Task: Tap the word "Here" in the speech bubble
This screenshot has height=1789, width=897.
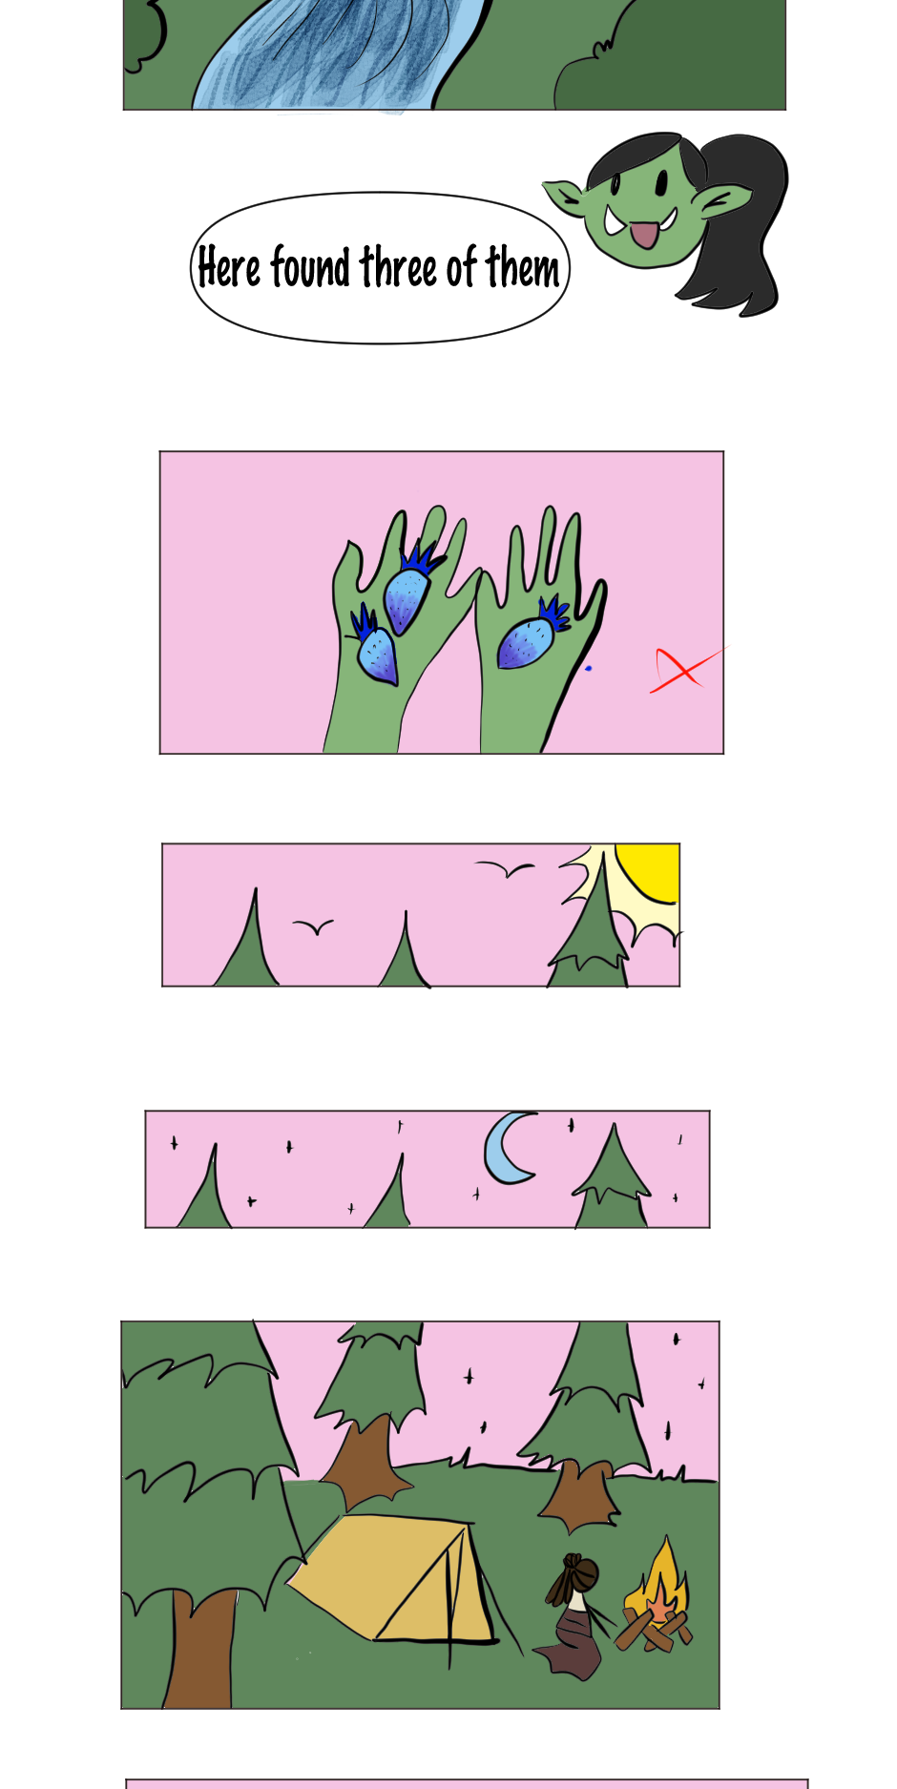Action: pos(229,268)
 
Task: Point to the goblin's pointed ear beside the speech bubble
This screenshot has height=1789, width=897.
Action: pos(567,198)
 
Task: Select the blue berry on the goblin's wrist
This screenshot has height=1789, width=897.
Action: pos(375,650)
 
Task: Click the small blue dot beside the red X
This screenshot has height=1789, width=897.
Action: pos(588,668)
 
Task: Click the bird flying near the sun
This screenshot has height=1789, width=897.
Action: pos(505,868)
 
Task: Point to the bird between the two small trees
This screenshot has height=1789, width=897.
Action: pos(313,926)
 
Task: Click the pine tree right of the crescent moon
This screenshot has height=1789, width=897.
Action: pos(612,1177)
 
